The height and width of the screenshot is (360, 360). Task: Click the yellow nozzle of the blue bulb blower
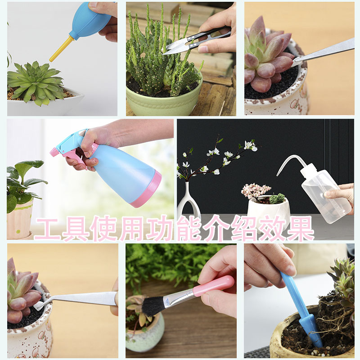tap(61, 49)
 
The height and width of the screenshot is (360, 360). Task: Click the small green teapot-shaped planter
tap(144, 333)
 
